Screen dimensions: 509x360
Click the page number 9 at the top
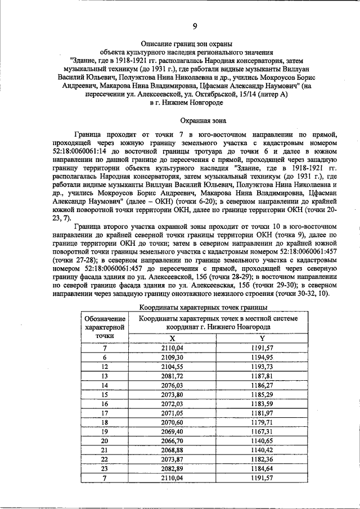coord(195,26)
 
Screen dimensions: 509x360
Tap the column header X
coord(172,337)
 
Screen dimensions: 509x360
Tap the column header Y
coord(262,337)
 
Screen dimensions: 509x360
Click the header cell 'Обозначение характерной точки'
coord(105,327)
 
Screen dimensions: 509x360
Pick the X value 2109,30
coord(172,357)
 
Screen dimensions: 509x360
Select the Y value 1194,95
coord(262,357)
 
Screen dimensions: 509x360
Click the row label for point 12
coord(105,366)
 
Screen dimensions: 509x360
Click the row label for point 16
coord(105,403)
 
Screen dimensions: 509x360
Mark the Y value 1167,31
coord(262,431)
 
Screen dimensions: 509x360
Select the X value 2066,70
coord(172,440)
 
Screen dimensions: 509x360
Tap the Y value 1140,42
coord(262,449)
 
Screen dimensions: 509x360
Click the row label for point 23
coord(105,468)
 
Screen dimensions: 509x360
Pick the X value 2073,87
coord(172,458)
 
